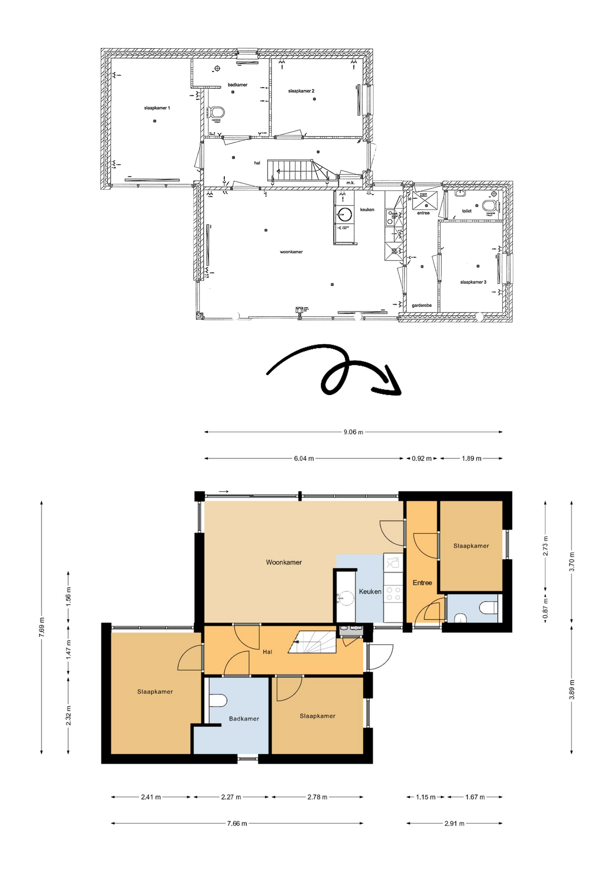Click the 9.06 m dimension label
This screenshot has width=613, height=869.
(353, 432)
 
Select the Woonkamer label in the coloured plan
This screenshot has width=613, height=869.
(284, 562)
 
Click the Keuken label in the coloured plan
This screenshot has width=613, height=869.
(370, 591)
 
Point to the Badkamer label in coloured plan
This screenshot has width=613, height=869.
(244, 719)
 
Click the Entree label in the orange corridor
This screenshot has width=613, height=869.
(422, 583)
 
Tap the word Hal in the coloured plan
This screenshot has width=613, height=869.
(267, 652)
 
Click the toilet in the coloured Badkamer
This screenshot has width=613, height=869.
(218, 701)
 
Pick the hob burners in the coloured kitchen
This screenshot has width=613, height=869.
(393, 593)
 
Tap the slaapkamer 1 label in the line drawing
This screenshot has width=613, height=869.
(157, 108)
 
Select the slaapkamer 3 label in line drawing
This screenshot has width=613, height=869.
(473, 282)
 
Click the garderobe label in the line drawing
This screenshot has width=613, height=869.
(421, 305)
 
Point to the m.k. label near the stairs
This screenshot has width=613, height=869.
(350, 183)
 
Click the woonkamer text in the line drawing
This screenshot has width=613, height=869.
(291, 252)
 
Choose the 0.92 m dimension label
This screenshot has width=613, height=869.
(421, 458)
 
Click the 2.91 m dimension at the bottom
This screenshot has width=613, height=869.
(454, 823)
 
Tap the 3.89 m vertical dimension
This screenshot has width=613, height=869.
(571, 689)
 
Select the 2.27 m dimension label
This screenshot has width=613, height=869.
(231, 797)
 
